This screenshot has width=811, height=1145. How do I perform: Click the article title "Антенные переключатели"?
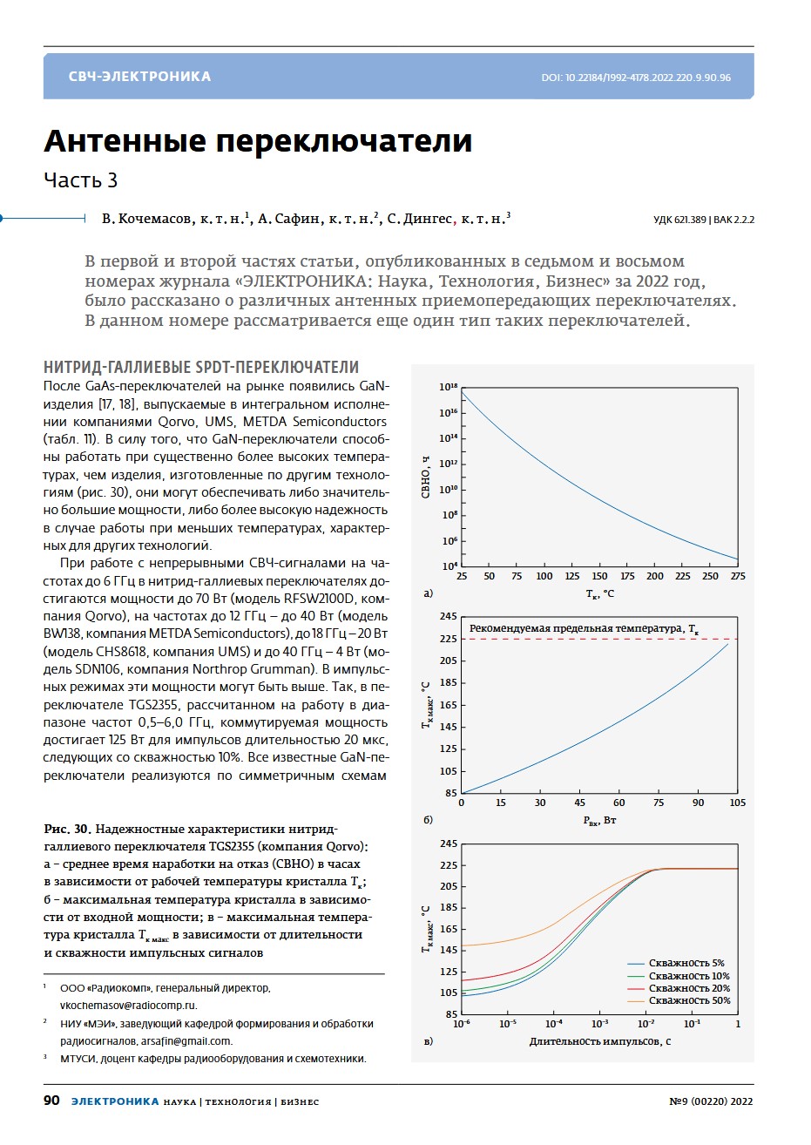(258, 141)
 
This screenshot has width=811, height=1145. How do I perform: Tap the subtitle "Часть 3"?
(80, 180)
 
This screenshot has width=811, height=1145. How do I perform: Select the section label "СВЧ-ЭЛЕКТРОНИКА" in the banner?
(139, 77)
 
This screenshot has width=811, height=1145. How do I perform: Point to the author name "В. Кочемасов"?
(145, 220)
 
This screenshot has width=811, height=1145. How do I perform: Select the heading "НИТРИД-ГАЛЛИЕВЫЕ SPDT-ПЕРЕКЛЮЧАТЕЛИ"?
(200, 367)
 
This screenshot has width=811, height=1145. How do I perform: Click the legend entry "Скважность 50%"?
(689, 1000)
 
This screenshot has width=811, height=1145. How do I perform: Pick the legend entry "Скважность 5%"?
(686, 964)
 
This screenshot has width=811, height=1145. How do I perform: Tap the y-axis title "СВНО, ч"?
(426, 477)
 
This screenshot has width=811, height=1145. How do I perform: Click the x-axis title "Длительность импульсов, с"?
(599, 1041)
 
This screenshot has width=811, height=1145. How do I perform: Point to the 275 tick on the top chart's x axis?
(738, 576)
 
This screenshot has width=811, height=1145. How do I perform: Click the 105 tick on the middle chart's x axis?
(737, 803)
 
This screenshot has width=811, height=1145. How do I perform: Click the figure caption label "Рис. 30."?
(67, 828)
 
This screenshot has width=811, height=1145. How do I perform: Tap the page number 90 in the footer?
(51, 1101)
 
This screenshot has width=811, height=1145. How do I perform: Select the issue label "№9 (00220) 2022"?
(710, 1101)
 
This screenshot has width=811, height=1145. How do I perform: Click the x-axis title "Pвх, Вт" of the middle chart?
(599, 820)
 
